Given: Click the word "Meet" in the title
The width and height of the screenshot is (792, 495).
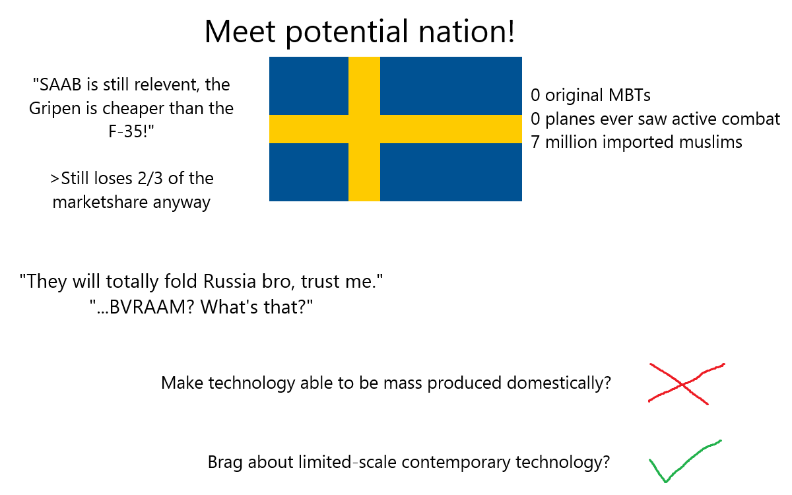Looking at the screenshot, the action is coord(240,32).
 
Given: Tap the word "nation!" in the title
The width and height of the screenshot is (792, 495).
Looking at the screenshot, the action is coord(467,32).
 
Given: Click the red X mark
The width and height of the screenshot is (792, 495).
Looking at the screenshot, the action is coord(686,384).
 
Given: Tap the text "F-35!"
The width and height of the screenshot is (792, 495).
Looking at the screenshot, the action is coord(131,131).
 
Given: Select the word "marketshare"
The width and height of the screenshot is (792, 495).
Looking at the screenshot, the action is coord(100,203).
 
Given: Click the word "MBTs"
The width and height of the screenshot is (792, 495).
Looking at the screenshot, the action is coord(630,95).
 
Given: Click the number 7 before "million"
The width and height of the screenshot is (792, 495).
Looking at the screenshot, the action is coord(535,142).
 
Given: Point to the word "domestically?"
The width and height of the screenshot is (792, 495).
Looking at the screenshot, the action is coord(558,383).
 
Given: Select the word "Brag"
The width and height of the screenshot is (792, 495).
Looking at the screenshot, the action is coord(225,463).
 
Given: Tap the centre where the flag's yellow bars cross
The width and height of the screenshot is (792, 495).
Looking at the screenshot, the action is coord(364,129).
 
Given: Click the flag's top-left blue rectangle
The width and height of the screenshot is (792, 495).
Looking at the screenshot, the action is coord(309,86).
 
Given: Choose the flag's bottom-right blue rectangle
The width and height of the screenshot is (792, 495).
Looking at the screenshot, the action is coord(451,172).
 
